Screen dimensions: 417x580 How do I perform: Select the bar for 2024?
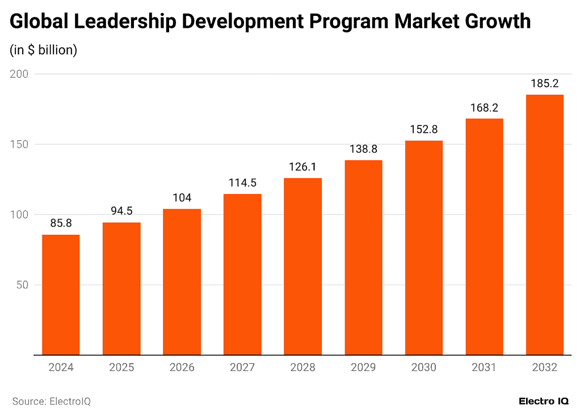[x=61, y=295]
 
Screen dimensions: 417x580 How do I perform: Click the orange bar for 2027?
[x=242, y=275]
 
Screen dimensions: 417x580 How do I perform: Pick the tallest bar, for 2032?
[x=544, y=225]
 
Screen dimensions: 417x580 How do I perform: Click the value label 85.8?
[x=61, y=224]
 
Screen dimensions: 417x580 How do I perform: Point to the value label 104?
[x=182, y=198]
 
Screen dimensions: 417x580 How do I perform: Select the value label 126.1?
[x=302, y=167]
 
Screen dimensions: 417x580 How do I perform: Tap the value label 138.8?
[x=363, y=149]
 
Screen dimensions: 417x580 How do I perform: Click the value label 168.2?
[x=484, y=108]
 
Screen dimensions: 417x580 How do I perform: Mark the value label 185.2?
[x=544, y=84]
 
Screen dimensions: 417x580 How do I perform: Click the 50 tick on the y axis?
[x=23, y=285]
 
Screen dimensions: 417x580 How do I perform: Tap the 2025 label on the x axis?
[x=121, y=368]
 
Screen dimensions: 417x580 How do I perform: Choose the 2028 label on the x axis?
[x=302, y=368]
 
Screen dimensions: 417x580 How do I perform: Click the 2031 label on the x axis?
[x=484, y=368]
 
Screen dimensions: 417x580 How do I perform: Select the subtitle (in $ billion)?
[x=43, y=50]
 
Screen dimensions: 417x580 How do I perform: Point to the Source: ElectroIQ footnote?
[x=52, y=401]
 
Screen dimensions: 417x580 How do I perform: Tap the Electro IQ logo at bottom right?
[x=544, y=401]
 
